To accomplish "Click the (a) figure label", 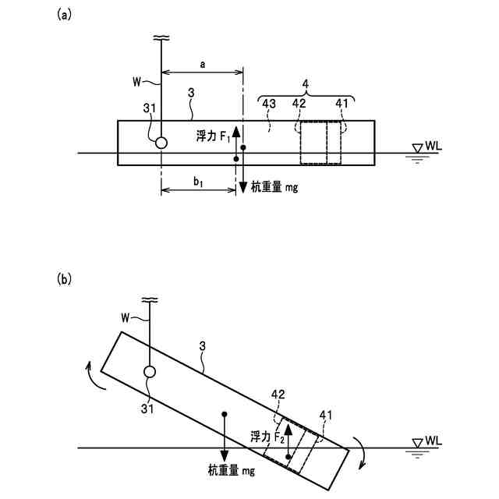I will pyautogui.click(x=64, y=14).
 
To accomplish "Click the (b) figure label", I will pyautogui.click(x=64, y=278).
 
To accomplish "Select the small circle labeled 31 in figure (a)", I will pyautogui.click(x=161, y=143).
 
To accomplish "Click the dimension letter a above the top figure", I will pyautogui.click(x=202, y=68).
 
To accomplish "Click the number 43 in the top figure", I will pyautogui.click(x=270, y=103).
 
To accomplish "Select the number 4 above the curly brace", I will pyautogui.click(x=306, y=83).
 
